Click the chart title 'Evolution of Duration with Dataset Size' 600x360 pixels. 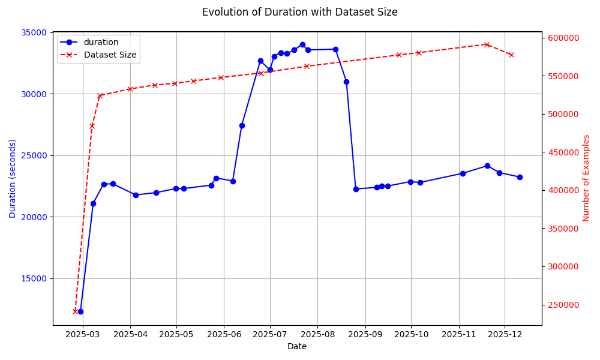(299, 12)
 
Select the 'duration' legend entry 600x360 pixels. (101, 43)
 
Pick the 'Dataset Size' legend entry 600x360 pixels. (110, 55)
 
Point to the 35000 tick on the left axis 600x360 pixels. (34, 32)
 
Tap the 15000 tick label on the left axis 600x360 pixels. (34, 278)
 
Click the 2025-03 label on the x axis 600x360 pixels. (82, 334)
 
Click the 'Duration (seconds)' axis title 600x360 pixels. (13, 178)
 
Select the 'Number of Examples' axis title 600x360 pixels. (587, 178)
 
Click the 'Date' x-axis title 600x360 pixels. (297, 346)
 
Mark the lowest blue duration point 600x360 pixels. (80, 311)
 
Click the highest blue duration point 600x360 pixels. (302, 44)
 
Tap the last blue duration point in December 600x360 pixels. (520, 177)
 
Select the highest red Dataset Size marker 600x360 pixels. (487, 44)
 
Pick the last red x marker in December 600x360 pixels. (511, 55)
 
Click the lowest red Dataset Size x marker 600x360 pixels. (75, 311)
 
